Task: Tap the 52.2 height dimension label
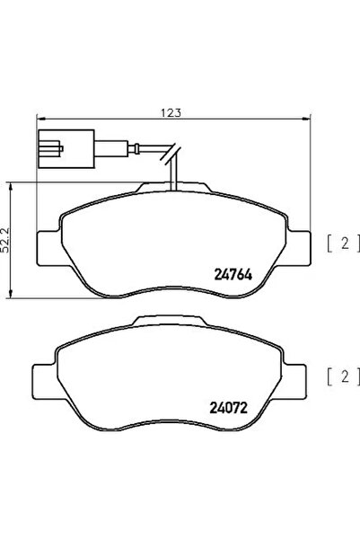[7, 239]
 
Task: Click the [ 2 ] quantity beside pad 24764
[342, 241]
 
